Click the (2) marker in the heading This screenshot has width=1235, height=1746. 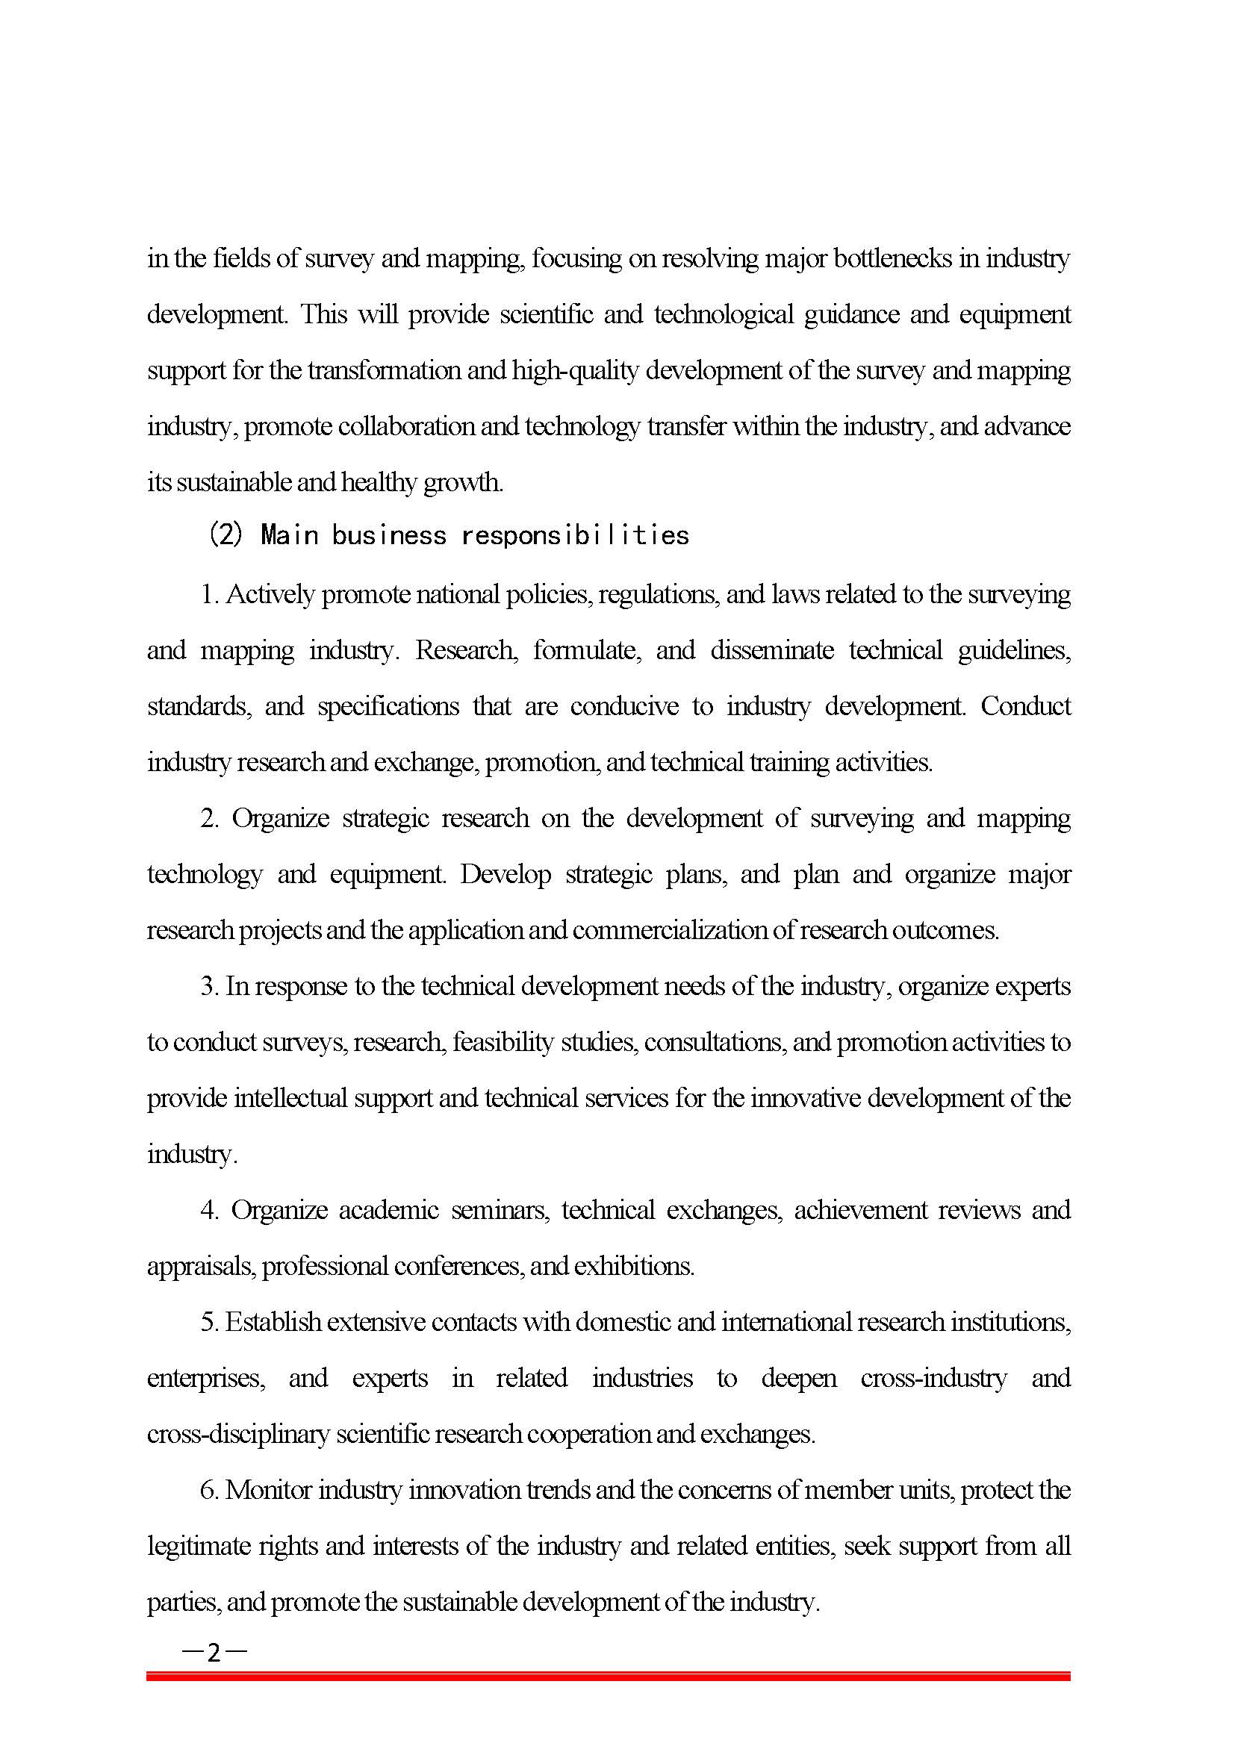[x=225, y=535]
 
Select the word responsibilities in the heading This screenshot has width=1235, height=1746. [x=575, y=535]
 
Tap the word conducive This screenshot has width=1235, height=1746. [x=624, y=706]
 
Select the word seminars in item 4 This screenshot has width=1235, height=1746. [x=500, y=1210]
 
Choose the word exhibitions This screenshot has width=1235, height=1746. [x=634, y=1266]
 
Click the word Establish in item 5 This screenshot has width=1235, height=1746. [x=274, y=1323]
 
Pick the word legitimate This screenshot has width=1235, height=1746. [x=199, y=1546]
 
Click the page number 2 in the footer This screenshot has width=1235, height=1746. [x=214, y=1652]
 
